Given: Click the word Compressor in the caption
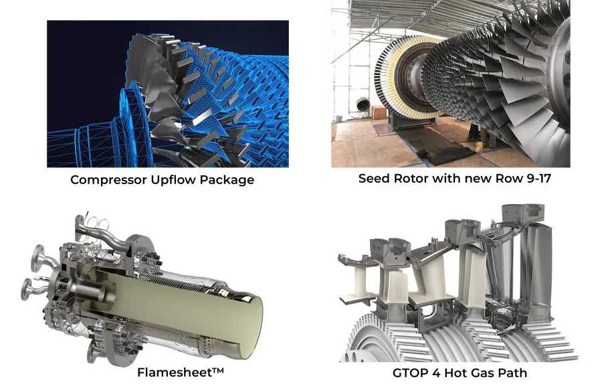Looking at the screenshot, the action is [x=108, y=180].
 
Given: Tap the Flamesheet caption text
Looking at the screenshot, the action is [x=181, y=372].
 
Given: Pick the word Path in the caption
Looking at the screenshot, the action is [x=512, y=373].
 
